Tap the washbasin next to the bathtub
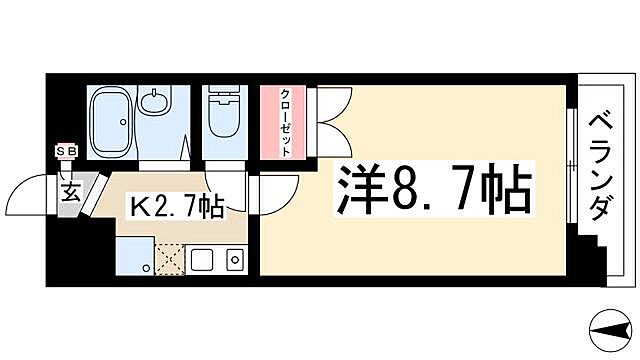tap(155, 102)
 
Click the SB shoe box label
tap(67, 151)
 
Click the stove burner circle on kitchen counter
tap(234, 262)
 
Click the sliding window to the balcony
tap(570, 165)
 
